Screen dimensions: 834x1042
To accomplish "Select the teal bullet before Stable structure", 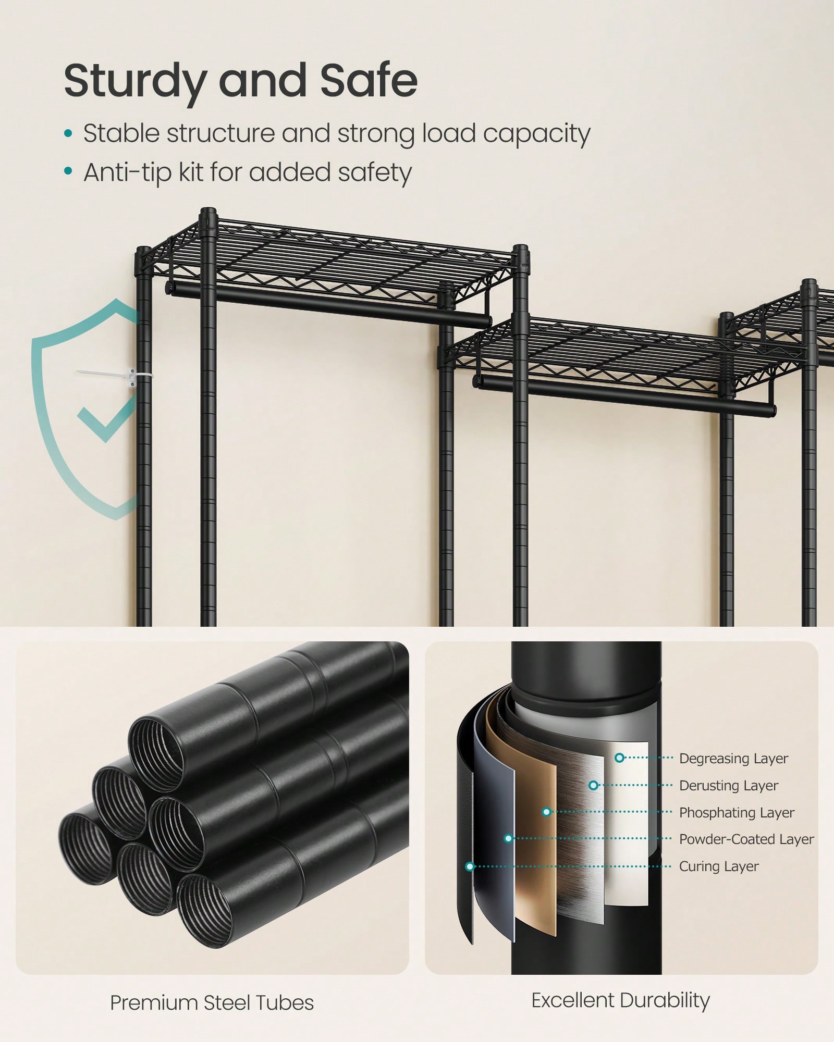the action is click(x=68, y=134).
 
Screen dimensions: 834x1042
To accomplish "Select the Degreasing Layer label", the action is click(x=733, y=759).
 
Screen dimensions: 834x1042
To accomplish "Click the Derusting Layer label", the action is click(x=729, y=786).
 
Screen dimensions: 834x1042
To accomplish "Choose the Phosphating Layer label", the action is click(x=737, y=813).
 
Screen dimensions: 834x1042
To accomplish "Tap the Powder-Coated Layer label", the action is click(x=746, y=839).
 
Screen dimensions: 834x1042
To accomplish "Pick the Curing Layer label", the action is click(x=719, y=866).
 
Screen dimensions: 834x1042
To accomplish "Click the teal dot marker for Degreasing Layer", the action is click(x=619, y=758).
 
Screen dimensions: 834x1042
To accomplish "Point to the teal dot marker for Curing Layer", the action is click(x=470, y=866).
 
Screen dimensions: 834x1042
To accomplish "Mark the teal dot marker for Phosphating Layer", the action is click(x=546, y=812).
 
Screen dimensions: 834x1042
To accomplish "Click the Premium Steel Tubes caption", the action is click(x=212, y=1003).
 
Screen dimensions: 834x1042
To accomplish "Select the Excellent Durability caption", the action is click(x=621, y=1001).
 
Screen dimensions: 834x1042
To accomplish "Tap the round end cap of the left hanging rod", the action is click(x=168, y=287).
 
